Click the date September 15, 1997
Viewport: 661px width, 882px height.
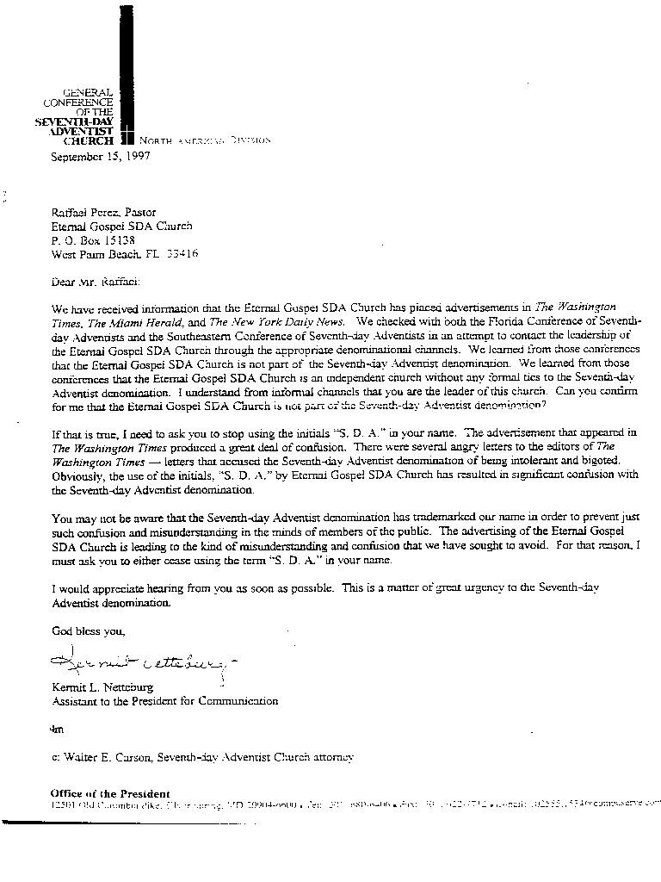pyautogui.click(x=101, y=157)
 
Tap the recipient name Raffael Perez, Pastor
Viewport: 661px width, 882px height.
pyautogui.click(x=103, y=212)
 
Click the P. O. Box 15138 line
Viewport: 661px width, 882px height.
pyautogui.click(x=93, y=240)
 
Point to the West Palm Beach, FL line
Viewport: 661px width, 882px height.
pyautogui.click(x=124, y=254)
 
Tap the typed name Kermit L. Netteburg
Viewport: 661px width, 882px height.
pyautogui.click(x=102, y=687)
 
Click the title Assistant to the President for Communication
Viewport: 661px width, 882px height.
pyautogui.click(x=164, y=701)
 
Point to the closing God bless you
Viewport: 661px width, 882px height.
pyautogui.click(x=88, y=630)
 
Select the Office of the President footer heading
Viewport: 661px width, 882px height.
pyautogui.click(x=109, y=793)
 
